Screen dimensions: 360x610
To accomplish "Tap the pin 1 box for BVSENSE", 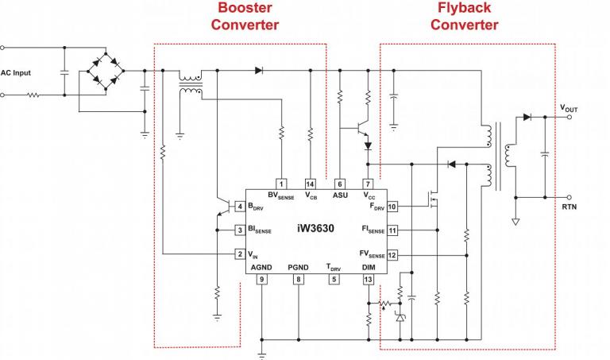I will coord(280,183).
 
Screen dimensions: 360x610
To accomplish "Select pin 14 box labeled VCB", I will coord(310,183).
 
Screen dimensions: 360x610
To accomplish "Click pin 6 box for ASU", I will coord(340,183).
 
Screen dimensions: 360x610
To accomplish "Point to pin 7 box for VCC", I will coord(368,183).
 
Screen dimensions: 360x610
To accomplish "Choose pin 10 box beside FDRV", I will coord(392,207).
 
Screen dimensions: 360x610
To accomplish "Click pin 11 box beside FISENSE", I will coord(392,230).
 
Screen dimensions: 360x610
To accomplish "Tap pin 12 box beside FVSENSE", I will coord(392,255).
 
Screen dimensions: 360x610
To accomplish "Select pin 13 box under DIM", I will coord(368,279).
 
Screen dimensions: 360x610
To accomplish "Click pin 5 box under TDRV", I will coord(334,279).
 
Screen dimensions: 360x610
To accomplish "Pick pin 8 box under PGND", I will coord(299,279).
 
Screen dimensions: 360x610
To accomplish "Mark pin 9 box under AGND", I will coord(261,279).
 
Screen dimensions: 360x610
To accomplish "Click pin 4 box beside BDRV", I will coord(240,207).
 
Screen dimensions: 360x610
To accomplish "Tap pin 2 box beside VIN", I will coord(240,254).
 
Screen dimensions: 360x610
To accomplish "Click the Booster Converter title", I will coord(245,16).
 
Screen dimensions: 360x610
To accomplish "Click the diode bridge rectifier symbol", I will coord(106,71).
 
